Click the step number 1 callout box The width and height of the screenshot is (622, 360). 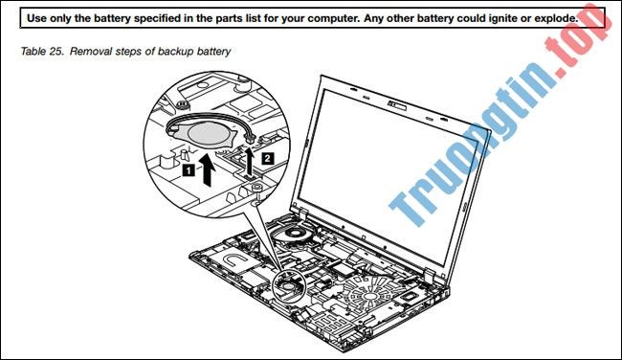pyautogui.click(x=189, y=169)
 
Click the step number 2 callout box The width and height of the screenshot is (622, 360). pyautogui.click(x=269, y=154)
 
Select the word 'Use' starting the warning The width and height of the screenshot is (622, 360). pyautogui.click(x=40, y=18)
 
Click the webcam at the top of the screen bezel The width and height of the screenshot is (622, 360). pyautogui.click(x=393, y=99)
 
